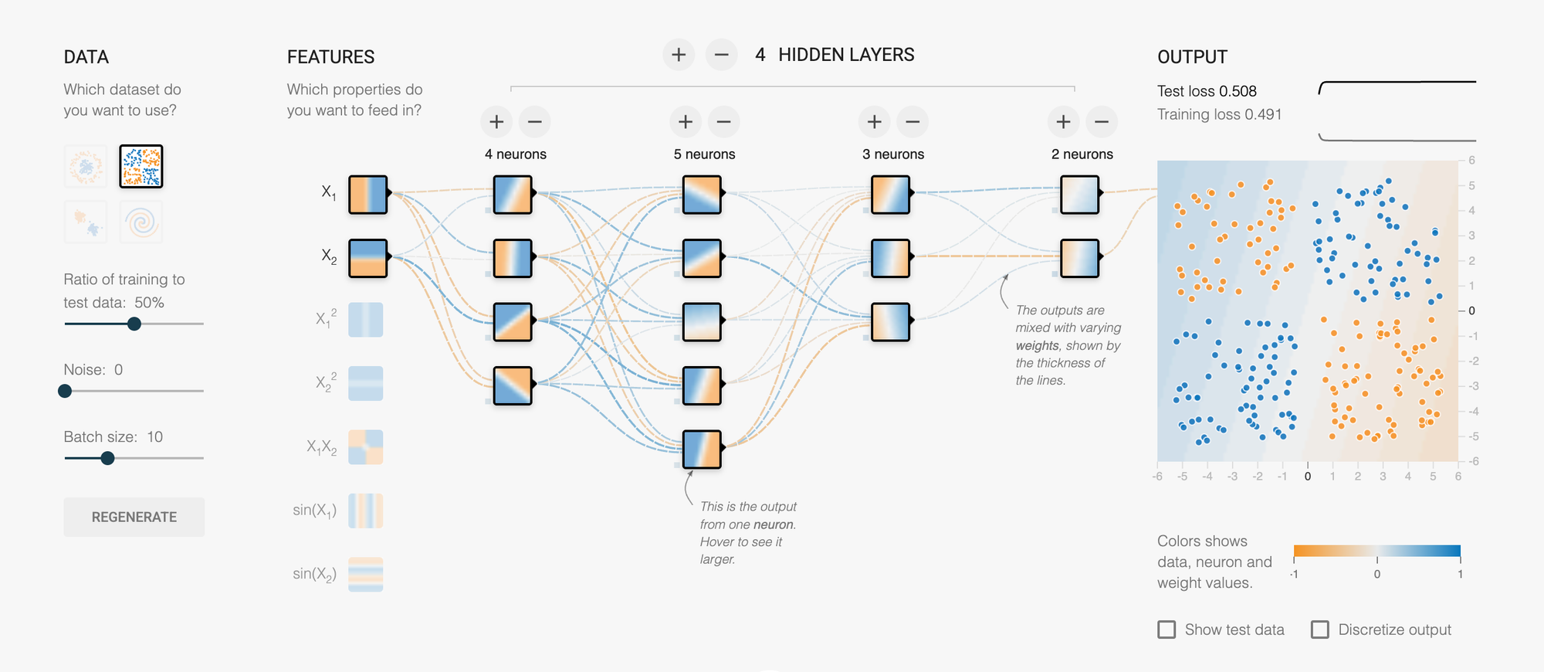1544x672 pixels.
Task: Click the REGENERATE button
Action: click(x=134, y=517)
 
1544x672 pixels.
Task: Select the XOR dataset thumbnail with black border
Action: click(x=141, y=166)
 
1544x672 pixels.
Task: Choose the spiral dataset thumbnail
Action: click(x=141, y=222)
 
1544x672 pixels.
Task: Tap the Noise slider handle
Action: click(x=66, y=391)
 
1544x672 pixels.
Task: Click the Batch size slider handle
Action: click(x=108, y=458)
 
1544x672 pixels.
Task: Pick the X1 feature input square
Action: click(x=367, y=195)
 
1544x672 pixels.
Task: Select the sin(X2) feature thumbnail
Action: click(x=365, y=575)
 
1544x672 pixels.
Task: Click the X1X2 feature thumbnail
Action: click(x=365, y=447)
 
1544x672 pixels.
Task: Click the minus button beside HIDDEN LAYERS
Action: click(x=721, y=55)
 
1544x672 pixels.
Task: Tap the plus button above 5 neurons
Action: click(x=685, y=122)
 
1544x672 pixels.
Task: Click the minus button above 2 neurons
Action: click(x=1101, y=122)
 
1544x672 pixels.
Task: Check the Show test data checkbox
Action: click(x=1166, y=630)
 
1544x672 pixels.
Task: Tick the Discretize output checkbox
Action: click(x=1320, y=630)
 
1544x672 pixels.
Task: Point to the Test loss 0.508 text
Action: click(x=1207, y=91)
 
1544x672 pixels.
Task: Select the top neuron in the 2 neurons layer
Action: click(x=1079, y=195)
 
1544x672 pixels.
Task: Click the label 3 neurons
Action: click(x=893, y=154)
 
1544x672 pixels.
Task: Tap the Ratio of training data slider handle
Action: click(x=134, y=324)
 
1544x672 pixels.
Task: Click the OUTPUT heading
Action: click(x=1192, y=57)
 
